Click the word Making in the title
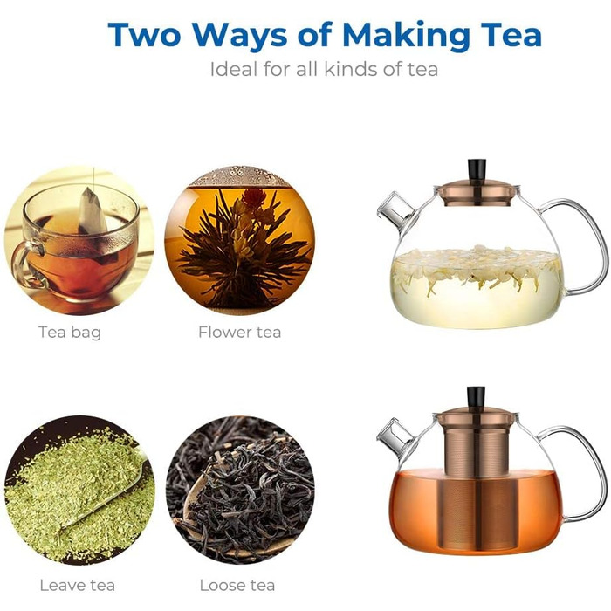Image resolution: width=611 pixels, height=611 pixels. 406,36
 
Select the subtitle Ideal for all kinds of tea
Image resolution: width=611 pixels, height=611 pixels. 324,69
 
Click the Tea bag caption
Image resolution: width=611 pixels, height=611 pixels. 70,333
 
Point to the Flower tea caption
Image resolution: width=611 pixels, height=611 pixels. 239,332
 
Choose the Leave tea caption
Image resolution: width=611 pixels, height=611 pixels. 77,586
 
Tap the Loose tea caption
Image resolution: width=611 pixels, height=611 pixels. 237,586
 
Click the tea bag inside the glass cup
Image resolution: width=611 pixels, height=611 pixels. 93,218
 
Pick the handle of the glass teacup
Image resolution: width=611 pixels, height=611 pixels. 24,265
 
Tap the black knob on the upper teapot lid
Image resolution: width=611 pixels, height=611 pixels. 477,171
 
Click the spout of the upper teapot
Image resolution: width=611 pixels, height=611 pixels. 395,210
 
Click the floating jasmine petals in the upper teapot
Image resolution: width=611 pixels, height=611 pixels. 477,265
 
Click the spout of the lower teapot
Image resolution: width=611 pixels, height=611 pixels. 394,437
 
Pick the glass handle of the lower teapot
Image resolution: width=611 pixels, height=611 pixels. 593,471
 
